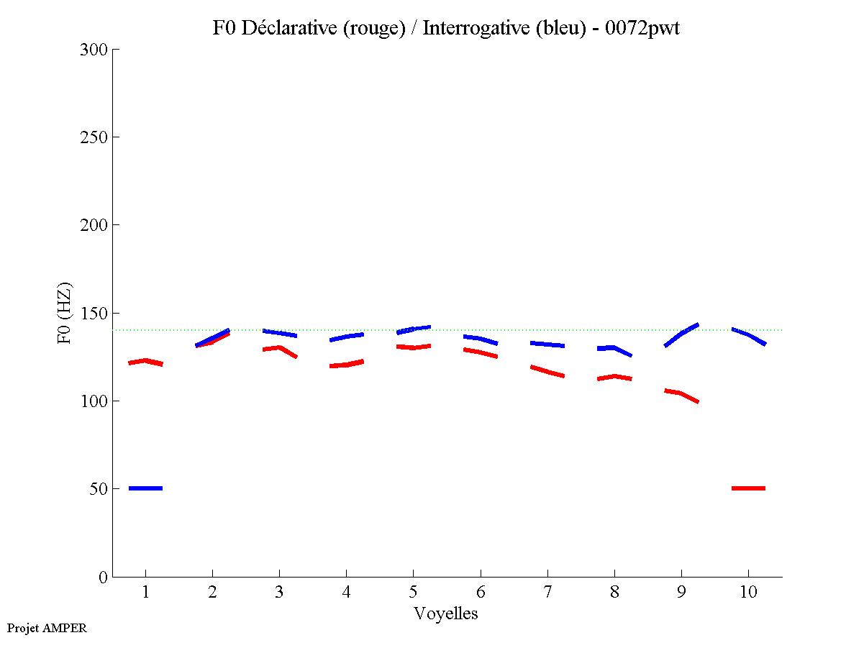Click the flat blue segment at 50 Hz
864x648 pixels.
[145, 488]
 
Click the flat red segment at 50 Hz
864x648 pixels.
[748, 488]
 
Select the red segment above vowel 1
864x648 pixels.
[146, 362]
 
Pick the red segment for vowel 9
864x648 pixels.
[681, 393]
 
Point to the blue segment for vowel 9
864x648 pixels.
[681, 334]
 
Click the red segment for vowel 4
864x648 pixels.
[346, 365]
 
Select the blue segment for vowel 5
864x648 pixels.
[414, 329]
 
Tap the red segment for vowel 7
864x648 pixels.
[547, 371]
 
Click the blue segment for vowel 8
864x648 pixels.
[614, 349]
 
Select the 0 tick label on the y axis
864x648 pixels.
[102, 577]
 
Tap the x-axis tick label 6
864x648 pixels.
[480, 593]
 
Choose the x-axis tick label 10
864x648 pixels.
[748, 593]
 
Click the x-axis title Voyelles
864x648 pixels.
[446, 613]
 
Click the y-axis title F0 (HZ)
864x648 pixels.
[65, 313]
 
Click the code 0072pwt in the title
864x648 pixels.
[642, 28]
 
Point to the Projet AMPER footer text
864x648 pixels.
[47, 628]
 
